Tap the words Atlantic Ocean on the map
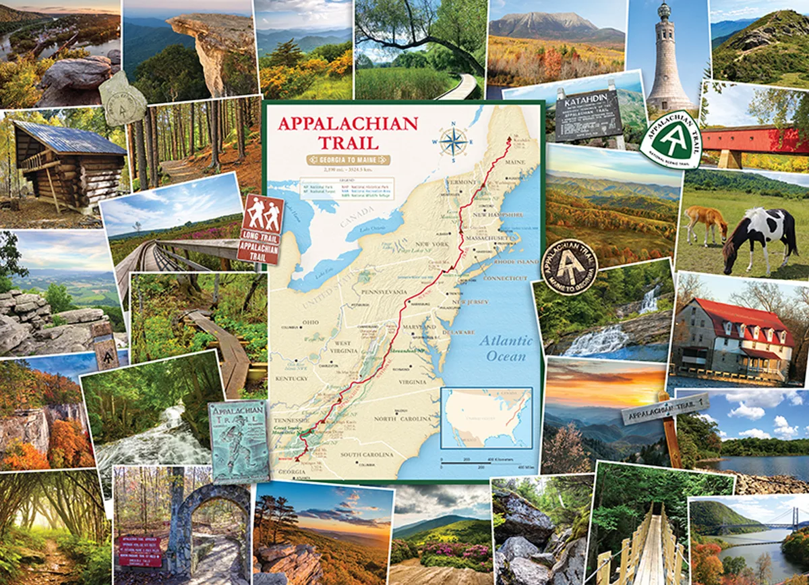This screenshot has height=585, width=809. pyautogui.click(x=506, y=347)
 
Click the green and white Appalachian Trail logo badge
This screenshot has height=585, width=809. pyautogui.click(x=671, y=139)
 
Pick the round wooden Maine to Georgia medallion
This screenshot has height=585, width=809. pyautogui.click(x=570, y=267)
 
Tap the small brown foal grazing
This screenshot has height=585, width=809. pyautogui.click(x=705, y=223)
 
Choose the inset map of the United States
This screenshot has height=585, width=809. pyautogui.click(x=486, y=418)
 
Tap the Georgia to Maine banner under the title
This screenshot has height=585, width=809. pyautogui.click(x=348, y=160)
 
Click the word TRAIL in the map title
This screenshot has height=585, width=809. pyautogui.click(x=328, y=142)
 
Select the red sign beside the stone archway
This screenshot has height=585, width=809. pyautogui.click(x=140, y=551)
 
